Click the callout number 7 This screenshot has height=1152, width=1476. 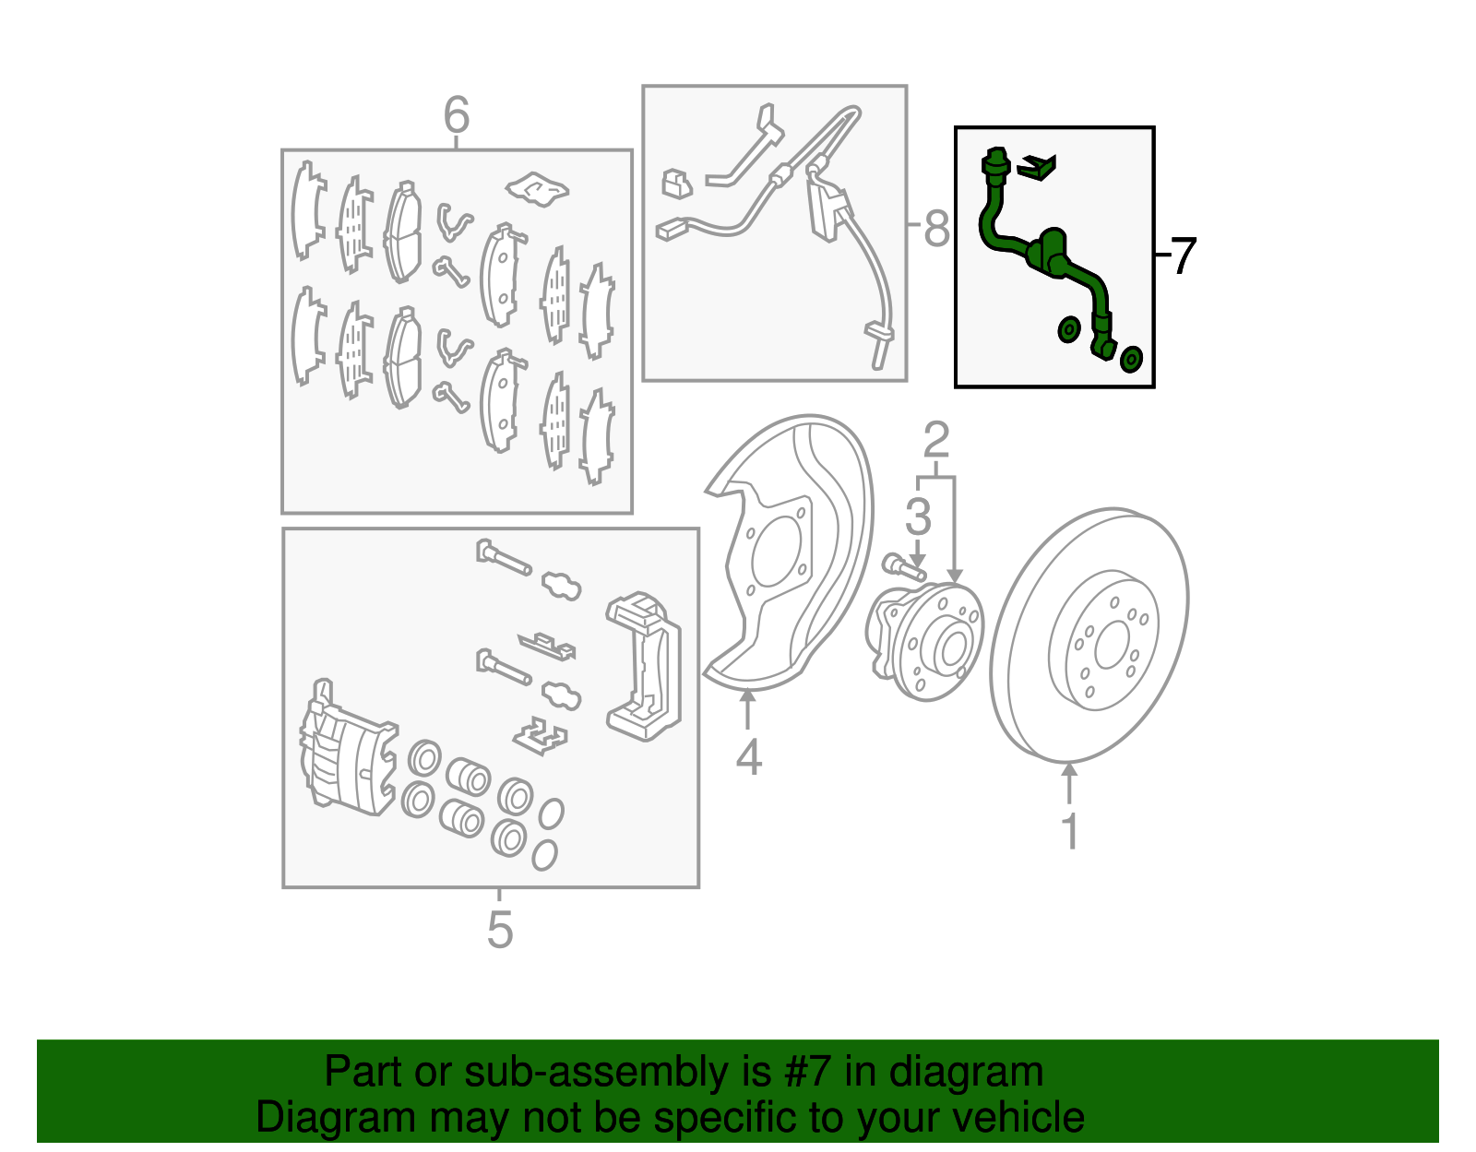[1184, 255]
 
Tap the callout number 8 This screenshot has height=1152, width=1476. [936, 228]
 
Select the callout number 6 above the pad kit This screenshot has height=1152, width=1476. [457, 116]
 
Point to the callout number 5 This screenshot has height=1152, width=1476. [499, 929]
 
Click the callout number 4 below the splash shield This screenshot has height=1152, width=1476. [748, 757]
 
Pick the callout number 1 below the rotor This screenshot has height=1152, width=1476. [1069, 831]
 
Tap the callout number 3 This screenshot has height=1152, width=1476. [918, 517]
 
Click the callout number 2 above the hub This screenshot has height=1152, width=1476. [935, 441]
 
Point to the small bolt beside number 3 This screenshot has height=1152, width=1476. [902, 566]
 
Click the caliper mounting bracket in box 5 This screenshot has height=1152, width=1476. [645, 664]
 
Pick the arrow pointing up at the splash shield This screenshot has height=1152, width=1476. [748, 710]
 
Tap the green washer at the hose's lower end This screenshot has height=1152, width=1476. [1132, 359]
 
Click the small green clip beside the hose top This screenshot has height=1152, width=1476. [1037, 167]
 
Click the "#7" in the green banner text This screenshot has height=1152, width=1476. [808, 1073]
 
